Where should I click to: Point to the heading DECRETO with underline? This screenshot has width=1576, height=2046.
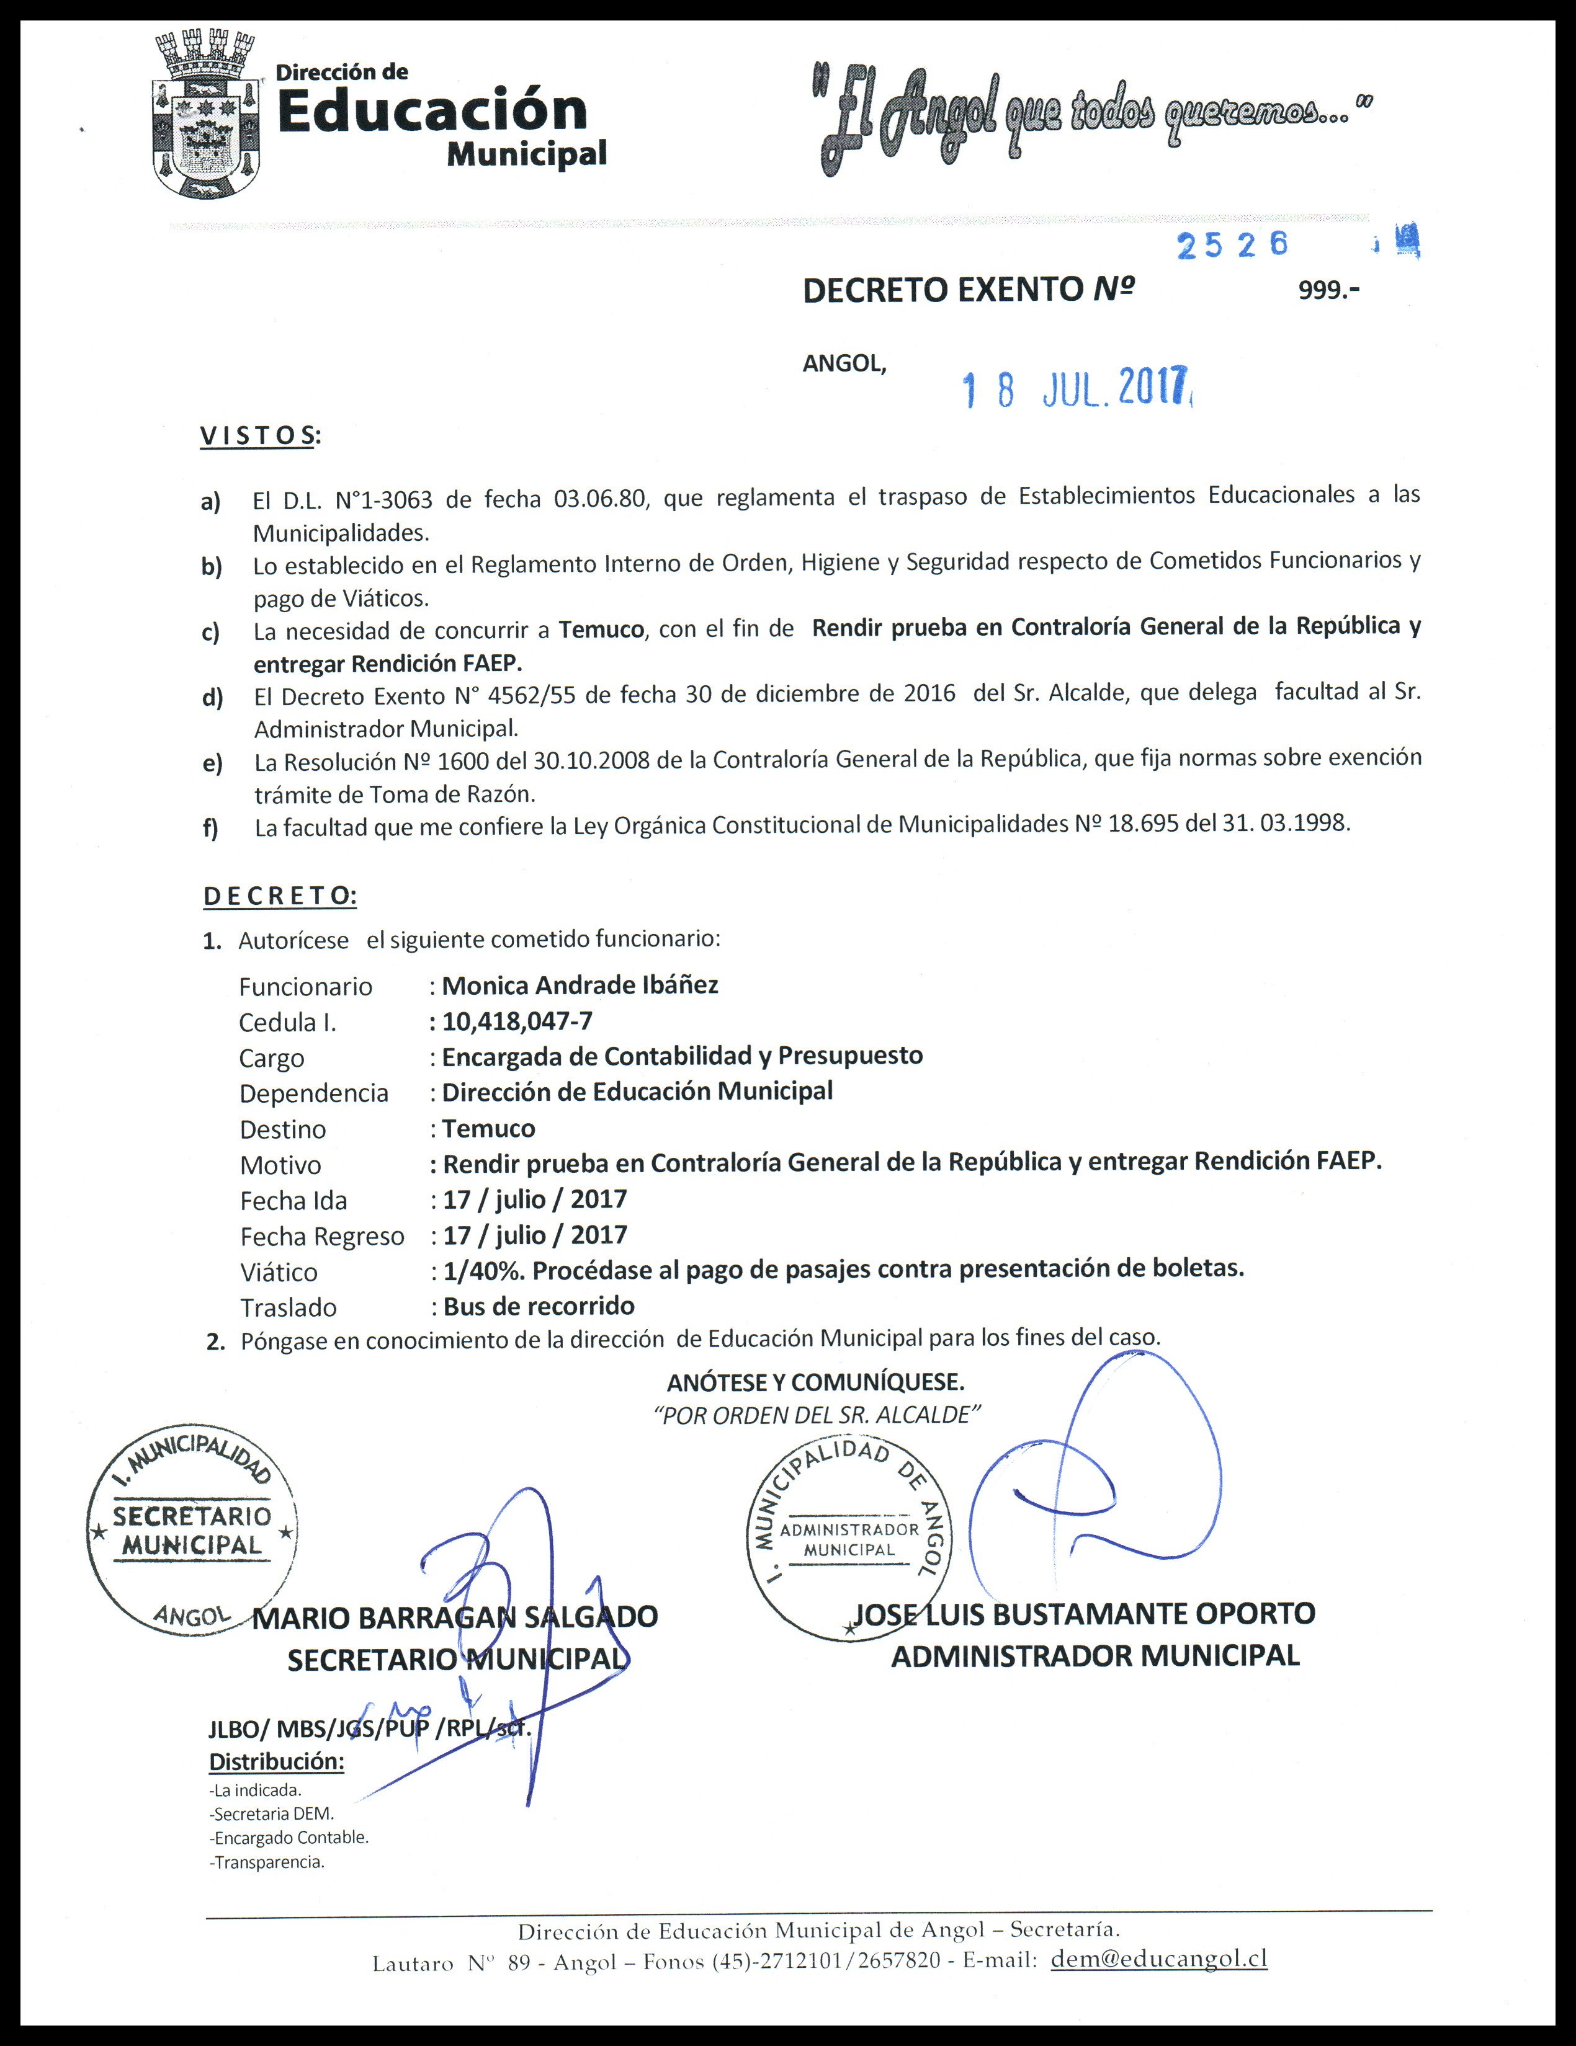click(279, 896)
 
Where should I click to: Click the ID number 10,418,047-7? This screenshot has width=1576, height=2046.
click(517, 1020)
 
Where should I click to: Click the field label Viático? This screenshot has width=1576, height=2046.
click(279, 1272)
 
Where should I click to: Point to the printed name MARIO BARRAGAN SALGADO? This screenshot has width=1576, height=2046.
click(455, 1617)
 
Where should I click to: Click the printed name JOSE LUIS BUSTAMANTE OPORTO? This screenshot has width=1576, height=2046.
click(1084, 1613)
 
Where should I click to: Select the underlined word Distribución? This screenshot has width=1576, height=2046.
click(276, 1761)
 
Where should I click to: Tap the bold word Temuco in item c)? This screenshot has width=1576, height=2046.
click(601, 629)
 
